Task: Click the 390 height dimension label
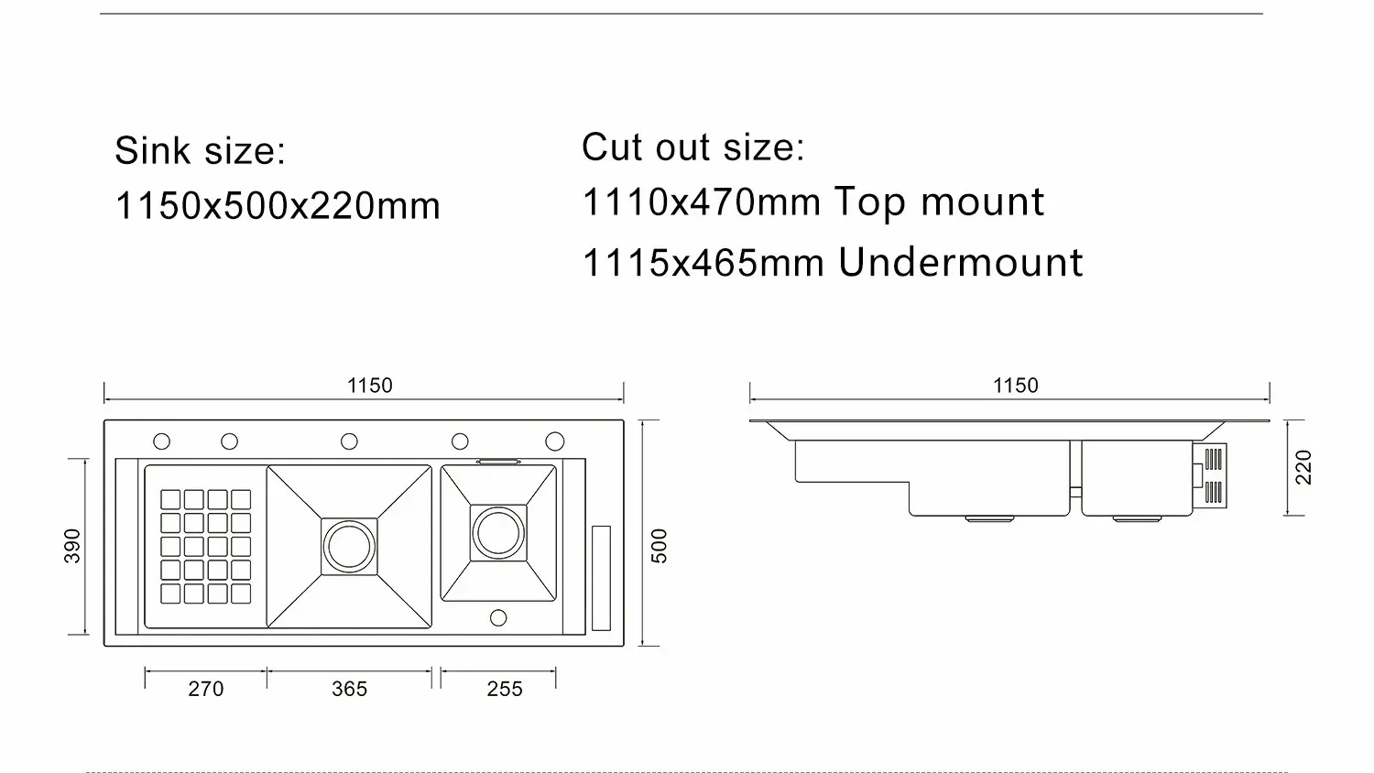[72, 546]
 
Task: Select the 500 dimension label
[660, 546]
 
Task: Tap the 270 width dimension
[205, 689]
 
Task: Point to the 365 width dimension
[349, 689]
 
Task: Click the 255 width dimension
[505, 689]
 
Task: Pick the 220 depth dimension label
[1303, 468]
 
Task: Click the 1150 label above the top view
[369, 386]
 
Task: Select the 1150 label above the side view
[1015, 386]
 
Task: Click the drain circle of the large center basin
[349, 547]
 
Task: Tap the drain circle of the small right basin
[498, 532]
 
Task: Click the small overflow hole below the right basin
[498, 618]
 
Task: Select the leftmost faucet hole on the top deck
[161, 441]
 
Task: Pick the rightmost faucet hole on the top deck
[555, 441]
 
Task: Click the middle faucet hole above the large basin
[349, 441]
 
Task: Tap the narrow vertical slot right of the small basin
[601, 577]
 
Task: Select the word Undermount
[960, 263]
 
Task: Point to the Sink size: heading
[200, 151]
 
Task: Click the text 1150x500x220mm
[278, 206]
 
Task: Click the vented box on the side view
[1213, 476]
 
